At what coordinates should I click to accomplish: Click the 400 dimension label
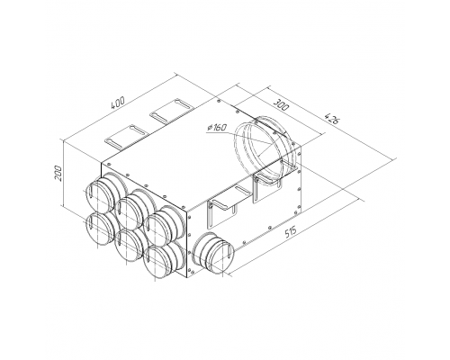click(118, 103)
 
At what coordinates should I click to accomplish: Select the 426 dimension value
click(332, 119)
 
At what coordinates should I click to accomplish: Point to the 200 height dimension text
click(58, 173)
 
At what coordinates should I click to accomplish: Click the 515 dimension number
click(290, 232)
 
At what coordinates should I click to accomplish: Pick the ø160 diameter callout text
click(216, 128)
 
